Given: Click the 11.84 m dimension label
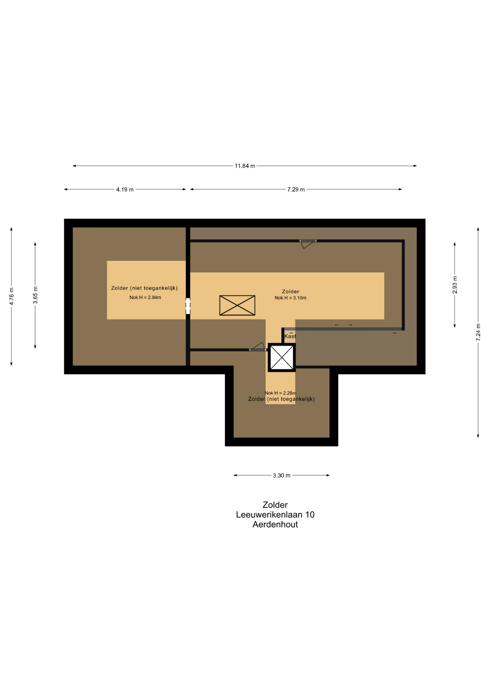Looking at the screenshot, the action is [245, 166].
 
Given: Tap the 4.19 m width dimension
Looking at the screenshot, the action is [125, 189].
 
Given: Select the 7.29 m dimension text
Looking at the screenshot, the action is [296, 189].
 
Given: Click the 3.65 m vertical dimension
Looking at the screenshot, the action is [35, 295].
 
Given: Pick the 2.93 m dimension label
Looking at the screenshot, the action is [455, 285].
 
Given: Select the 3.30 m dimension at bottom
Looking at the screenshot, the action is [282, 475].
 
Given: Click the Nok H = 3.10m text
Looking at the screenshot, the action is [290, 298].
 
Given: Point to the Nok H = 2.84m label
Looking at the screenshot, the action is [145, 298].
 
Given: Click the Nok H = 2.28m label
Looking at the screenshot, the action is [281, 393].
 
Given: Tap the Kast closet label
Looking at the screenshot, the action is [290, 336].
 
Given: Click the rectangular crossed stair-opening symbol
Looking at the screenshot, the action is [237, 306].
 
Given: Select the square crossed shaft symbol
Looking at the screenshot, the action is [282, 357].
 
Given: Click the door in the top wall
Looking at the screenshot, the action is [308, 244].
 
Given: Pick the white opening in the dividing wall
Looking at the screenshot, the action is [188, 306].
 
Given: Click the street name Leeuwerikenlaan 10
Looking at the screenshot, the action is [275, 515].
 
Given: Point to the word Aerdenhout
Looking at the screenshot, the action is [275, 524].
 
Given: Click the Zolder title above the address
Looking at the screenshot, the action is [275, 505].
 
